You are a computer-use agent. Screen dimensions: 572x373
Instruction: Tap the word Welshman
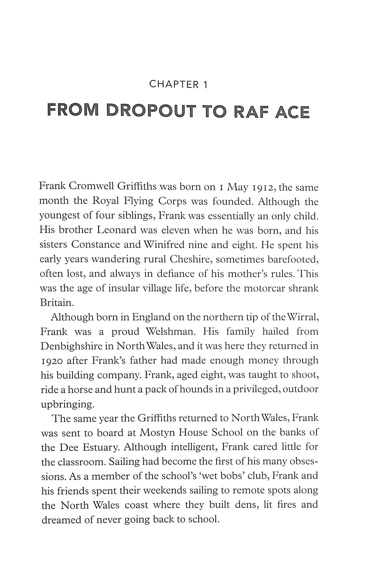click(169, 331)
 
